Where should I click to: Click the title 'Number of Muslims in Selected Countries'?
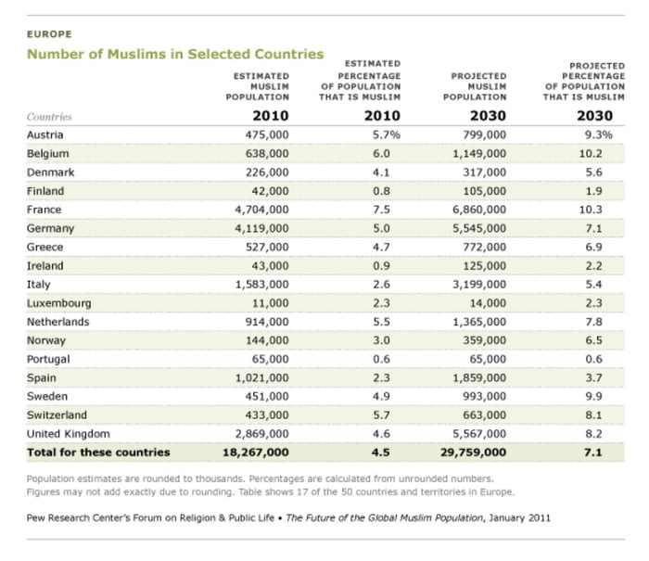pos(175,55)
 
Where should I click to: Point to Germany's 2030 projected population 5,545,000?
pos(479,228)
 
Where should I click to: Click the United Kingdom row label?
pos(69,433)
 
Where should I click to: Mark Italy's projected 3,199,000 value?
pos(479,284)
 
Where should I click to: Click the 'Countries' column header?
pos(50,117)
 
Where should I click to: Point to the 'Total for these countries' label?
pos(98,453)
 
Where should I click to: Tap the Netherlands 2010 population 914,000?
pos(267,322)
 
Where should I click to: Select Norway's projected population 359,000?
pos(485,340)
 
